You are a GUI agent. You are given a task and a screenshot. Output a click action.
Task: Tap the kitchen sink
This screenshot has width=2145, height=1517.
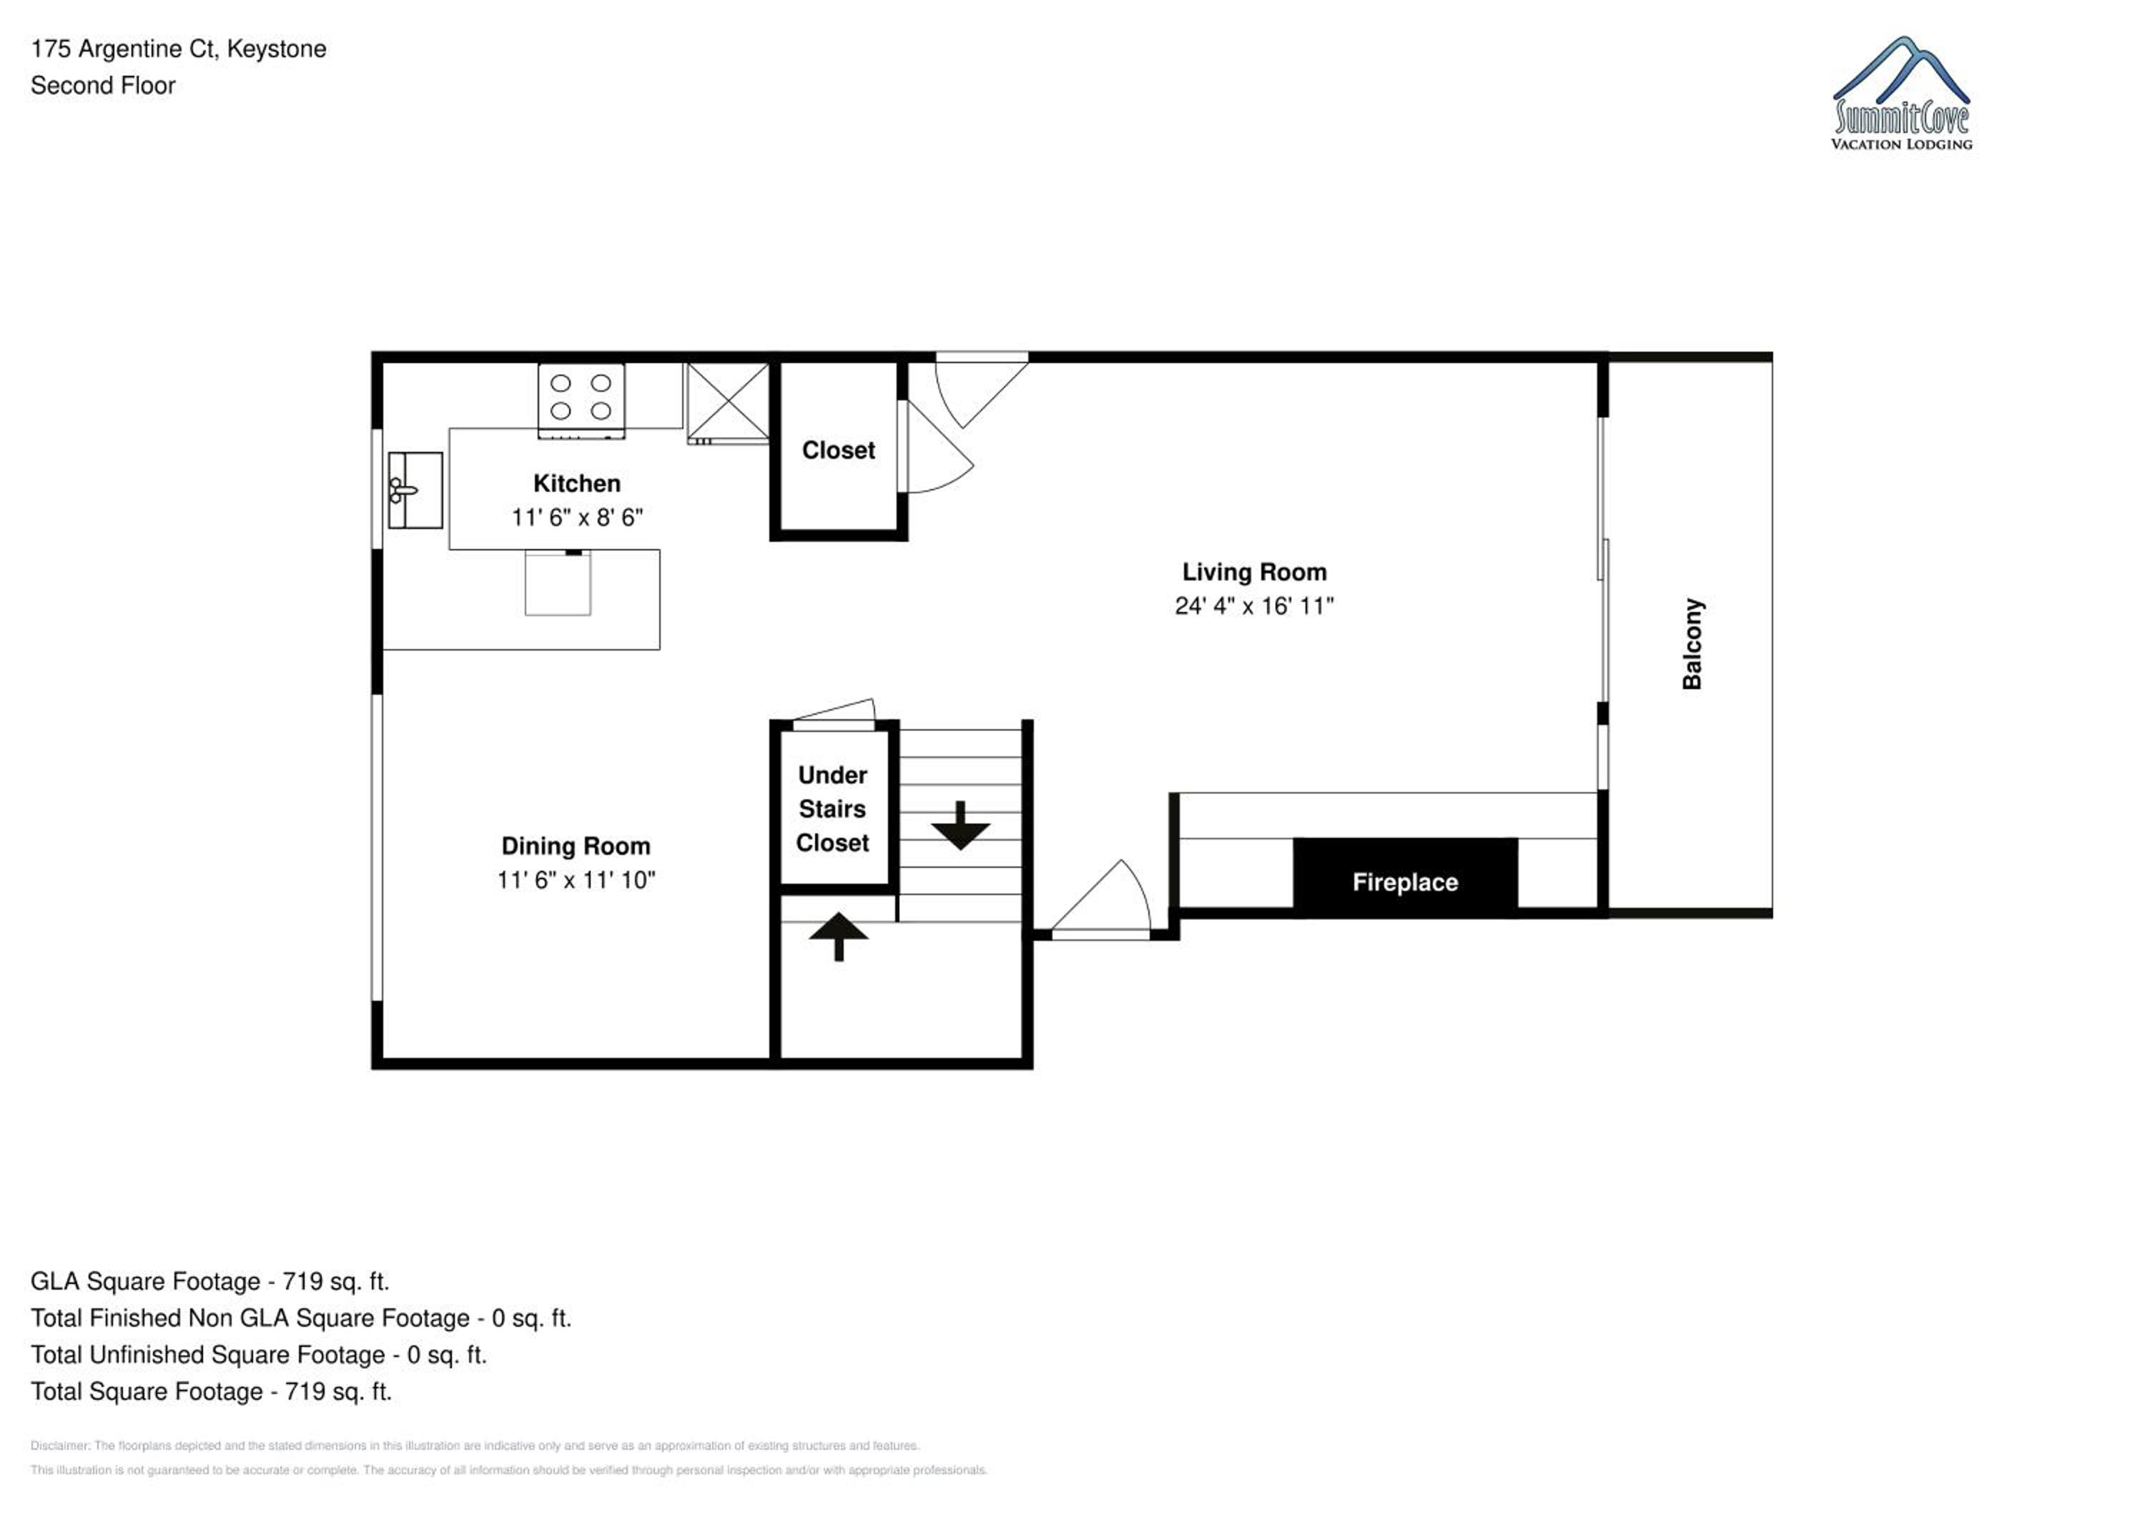pos(415,490)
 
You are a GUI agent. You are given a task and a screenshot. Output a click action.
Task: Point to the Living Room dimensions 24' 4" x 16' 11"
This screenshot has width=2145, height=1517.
pos(1253,606)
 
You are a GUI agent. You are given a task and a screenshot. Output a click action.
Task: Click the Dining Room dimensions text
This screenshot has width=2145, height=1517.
pos(576,880)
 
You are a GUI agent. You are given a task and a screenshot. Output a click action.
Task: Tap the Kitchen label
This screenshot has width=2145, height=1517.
pos(576,483)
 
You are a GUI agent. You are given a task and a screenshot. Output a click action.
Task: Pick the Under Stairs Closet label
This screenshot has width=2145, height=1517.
pos(832,809)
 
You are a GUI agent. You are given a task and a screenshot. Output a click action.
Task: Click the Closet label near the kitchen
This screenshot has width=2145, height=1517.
pos(838,450)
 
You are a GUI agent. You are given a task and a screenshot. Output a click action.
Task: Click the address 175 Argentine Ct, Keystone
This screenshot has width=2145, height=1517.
pos(179,49)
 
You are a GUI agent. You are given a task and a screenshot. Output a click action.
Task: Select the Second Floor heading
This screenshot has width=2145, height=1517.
pos(103,86)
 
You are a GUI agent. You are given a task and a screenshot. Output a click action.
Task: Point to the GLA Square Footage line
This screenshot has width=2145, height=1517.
pos(210,1282)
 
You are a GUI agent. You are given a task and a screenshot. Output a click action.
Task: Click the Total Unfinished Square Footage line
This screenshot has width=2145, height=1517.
pos(259,1355)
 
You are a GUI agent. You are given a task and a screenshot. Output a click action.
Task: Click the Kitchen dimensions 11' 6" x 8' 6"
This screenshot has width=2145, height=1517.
pos(576,518)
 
